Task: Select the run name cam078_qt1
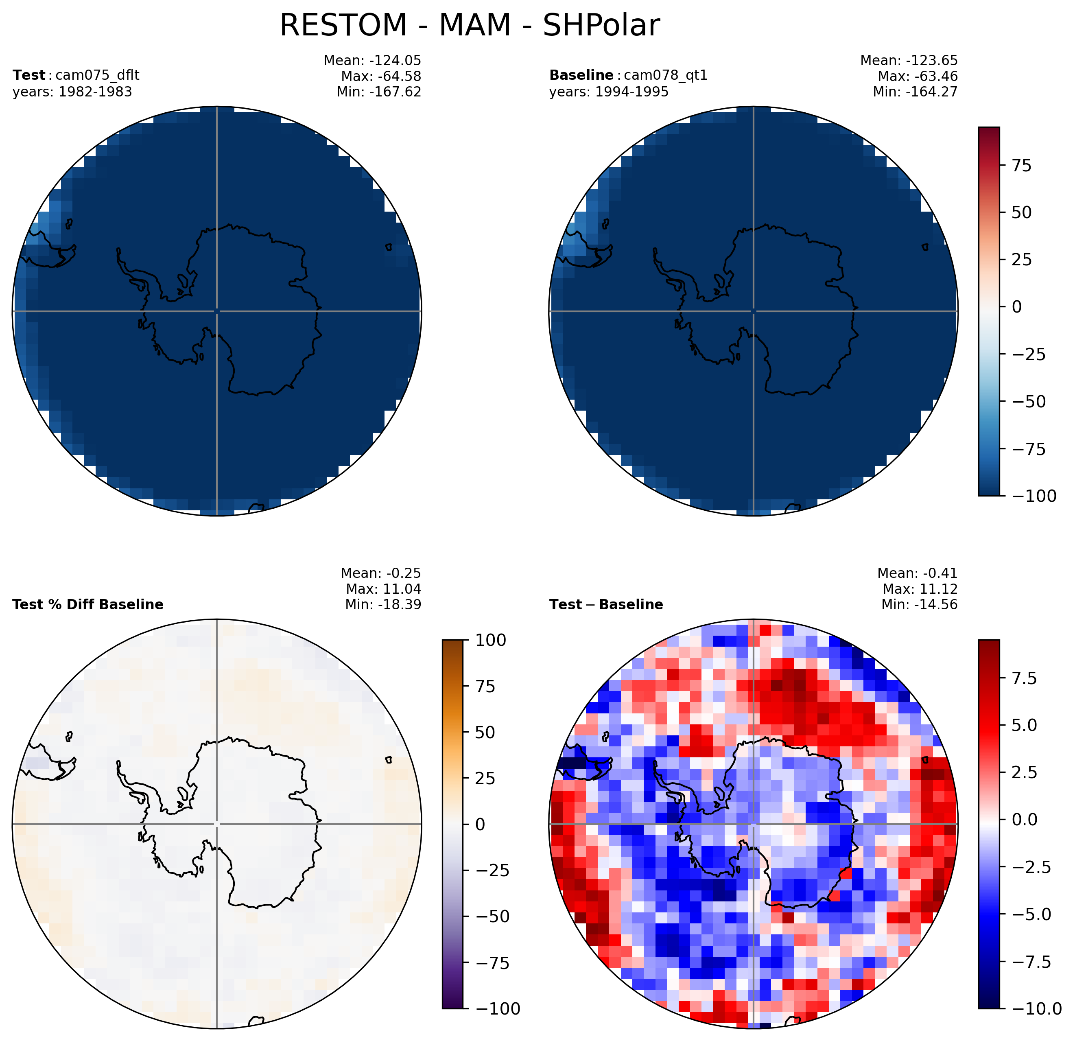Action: click(666, 75)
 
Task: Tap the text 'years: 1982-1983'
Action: click(72, 92)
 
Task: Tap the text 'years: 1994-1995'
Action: click(609, 92)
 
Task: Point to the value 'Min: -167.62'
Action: click(379, 92)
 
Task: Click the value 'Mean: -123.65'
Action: click(909, 60)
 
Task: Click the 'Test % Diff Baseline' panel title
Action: click(88, 604)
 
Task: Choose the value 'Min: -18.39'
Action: click(383, 604)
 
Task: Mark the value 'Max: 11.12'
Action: click(920, 589)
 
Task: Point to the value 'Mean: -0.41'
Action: click(918, 573)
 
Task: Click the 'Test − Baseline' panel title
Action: click(606, 604)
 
